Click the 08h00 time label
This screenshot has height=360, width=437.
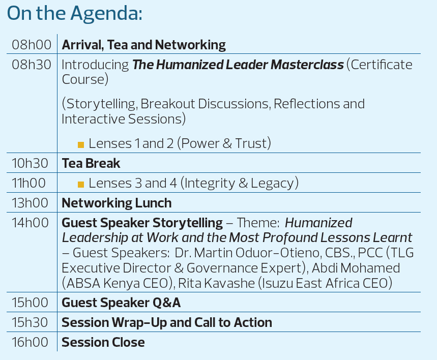pos(32,45)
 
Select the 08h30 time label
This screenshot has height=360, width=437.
pos(32,65)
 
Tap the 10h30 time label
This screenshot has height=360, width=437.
pos(30,163)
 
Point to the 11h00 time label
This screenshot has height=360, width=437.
pos(28,183)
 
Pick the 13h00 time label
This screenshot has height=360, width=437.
pos(30,203)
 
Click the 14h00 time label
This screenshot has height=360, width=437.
pos(30,223)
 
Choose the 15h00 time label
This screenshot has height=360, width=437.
pos(30,303)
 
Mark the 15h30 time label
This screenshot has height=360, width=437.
pos(30,322)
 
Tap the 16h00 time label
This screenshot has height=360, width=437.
pos(30,342)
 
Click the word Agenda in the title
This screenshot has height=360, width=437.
pos(106,14)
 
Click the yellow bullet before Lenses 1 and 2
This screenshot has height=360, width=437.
pos(81,145)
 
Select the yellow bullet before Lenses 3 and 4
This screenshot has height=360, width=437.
pos(81,185)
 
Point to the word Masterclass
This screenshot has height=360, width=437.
pos(307,65)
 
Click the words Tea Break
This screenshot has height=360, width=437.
pos(91,163)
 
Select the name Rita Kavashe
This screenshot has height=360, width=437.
pos(216,283)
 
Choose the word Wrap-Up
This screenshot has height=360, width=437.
pos(139,323)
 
